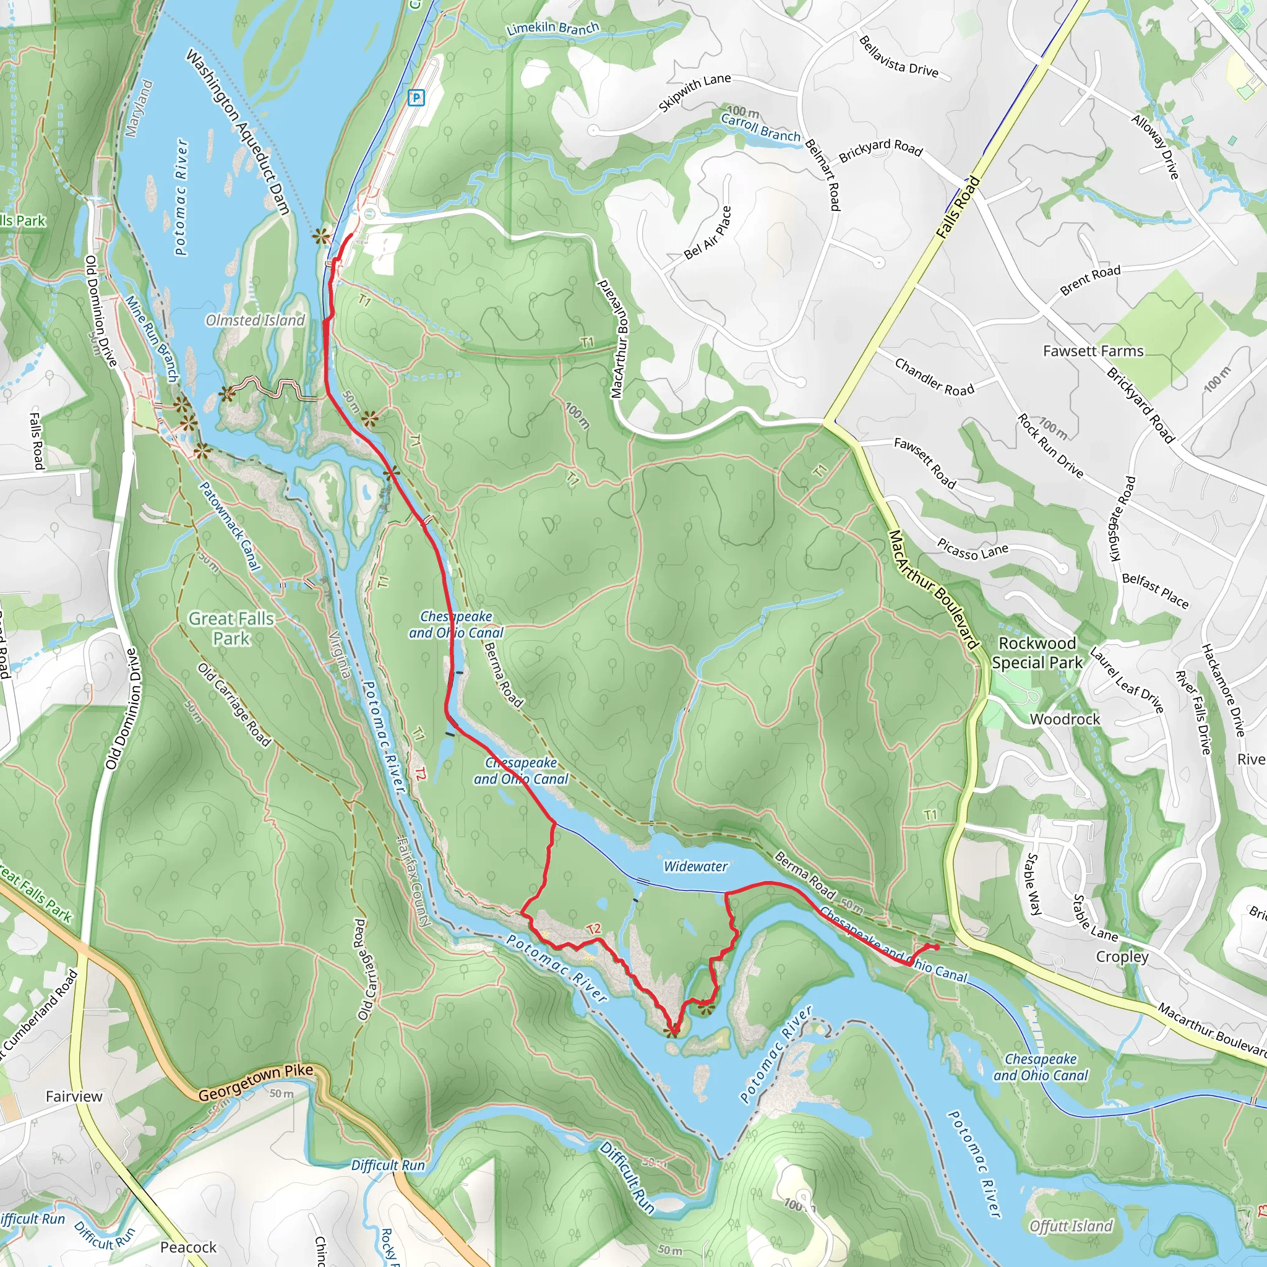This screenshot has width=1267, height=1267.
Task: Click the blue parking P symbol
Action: [x=416, y=98]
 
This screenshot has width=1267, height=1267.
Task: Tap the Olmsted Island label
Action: [x=255, y=320]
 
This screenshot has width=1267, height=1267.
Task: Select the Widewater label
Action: [x=695, y=866]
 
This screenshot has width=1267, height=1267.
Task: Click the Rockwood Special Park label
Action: [x=1037, y=653]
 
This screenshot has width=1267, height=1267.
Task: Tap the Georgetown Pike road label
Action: [x=256, y=1083]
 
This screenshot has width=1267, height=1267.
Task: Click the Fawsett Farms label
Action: [x=1093, y=351]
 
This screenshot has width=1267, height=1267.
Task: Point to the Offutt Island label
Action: [x=1071, y=1226]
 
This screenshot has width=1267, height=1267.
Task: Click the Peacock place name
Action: [x=188, y=1247]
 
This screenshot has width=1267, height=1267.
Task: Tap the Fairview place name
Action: [x=74, y=1096]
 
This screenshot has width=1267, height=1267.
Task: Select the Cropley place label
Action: [x=1122, y=956]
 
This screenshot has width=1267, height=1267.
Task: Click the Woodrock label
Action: [x=1064, y=719]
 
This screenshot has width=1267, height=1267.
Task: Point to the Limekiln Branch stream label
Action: [x=553, y=28]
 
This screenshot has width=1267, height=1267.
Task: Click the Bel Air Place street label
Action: [x=708, y=233]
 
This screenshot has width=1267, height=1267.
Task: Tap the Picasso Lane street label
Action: [x=972, y=549]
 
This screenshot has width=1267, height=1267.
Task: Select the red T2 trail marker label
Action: [x=593, y=929]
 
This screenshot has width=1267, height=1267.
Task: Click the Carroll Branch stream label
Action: [x=761, y=127]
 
